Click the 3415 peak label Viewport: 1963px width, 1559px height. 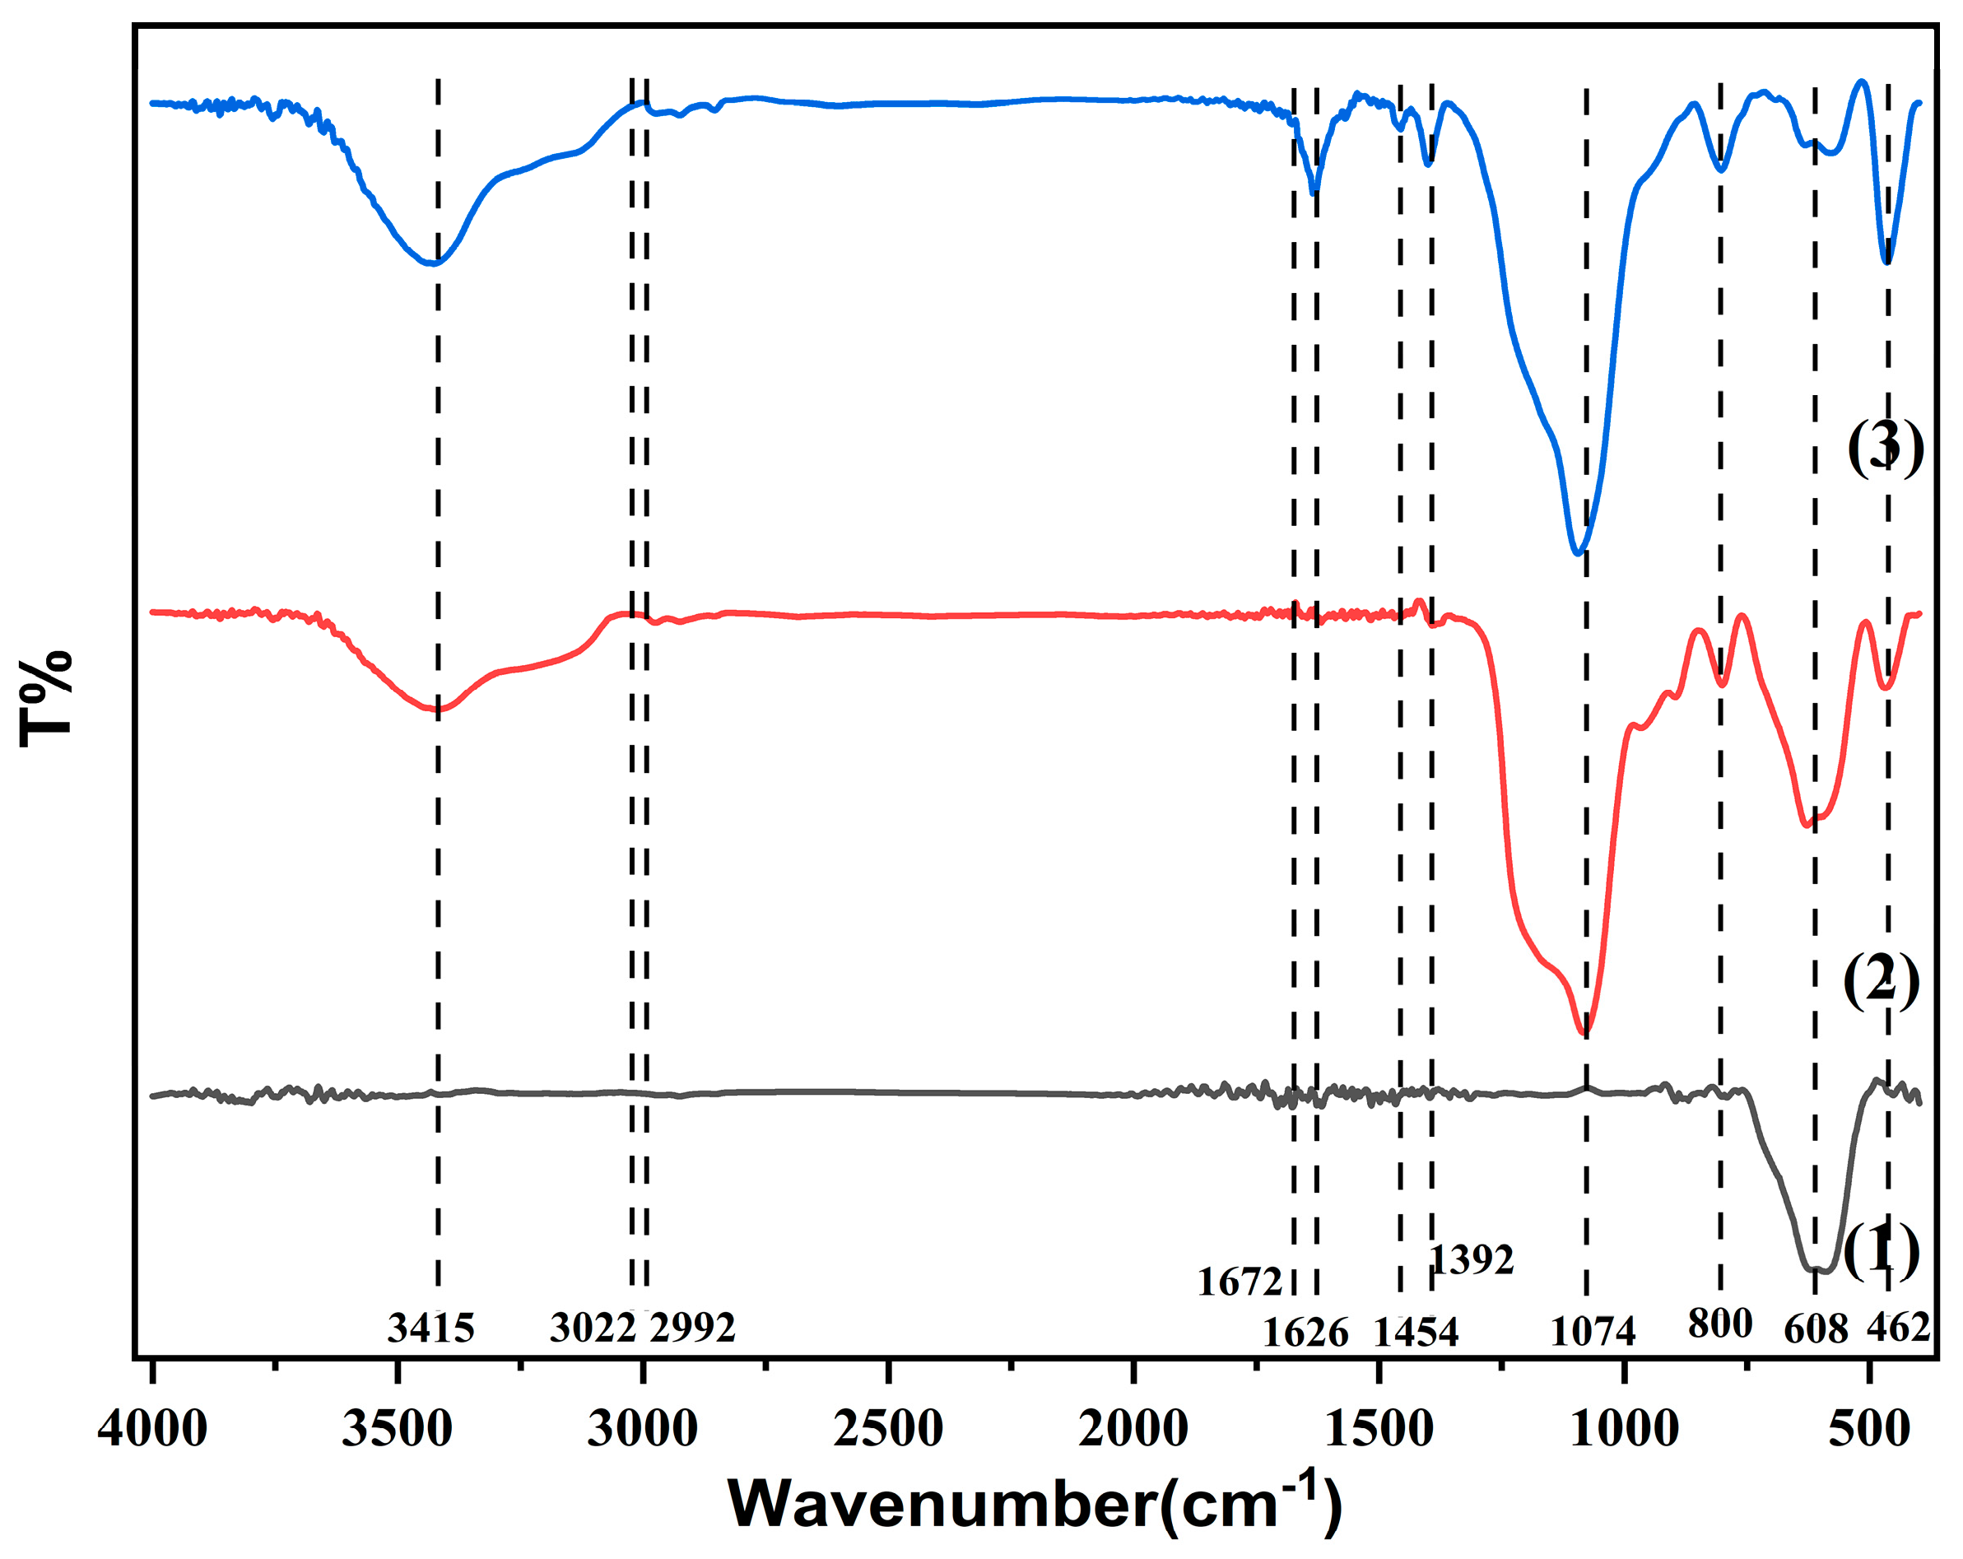(430, 1329)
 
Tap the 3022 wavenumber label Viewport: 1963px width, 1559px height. (592, 1329)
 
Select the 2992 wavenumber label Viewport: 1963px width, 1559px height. (693, 1329)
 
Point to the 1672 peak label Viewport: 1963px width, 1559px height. (1240, 1282)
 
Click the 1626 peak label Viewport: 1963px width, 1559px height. (1305, 1333)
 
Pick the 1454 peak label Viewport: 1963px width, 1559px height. (1416, 1333)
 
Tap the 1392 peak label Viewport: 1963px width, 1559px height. (1472, 1260)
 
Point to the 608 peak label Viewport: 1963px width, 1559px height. (1816, 1329)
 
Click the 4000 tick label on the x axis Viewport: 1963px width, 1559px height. (152, 1428)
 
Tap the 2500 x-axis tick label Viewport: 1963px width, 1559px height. (888, 1428)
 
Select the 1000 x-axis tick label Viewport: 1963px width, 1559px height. (1624, 1428)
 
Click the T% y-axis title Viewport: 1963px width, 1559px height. (45, 700)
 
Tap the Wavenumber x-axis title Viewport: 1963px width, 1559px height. (1035, 1505)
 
